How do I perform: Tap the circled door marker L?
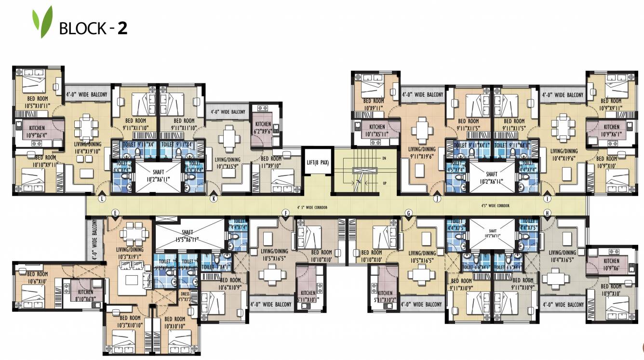tap(102, 199)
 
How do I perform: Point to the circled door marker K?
tap(213, 199)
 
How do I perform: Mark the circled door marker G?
tap(409, 213)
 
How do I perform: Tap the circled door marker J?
tap(437, 199)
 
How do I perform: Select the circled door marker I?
tap(547, 199)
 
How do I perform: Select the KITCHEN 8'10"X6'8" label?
tap(85, 295)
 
